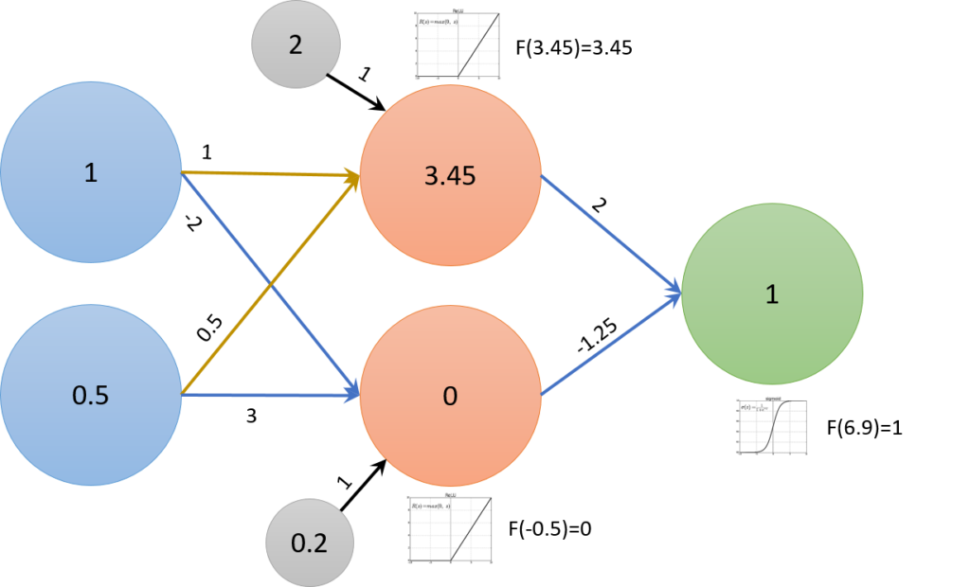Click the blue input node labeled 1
tap(91, 172)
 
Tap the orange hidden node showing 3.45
tap(450, 177)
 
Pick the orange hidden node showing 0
tap(450, 395)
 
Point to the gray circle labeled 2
tap(296, 44)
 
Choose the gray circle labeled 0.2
tap(309, 543)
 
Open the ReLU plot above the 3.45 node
tap(457, 45)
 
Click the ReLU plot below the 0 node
tap(450, 528)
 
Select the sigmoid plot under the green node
tap(771, 426)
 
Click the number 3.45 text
tap(450, 177)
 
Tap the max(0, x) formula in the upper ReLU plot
tap(435, 20)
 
